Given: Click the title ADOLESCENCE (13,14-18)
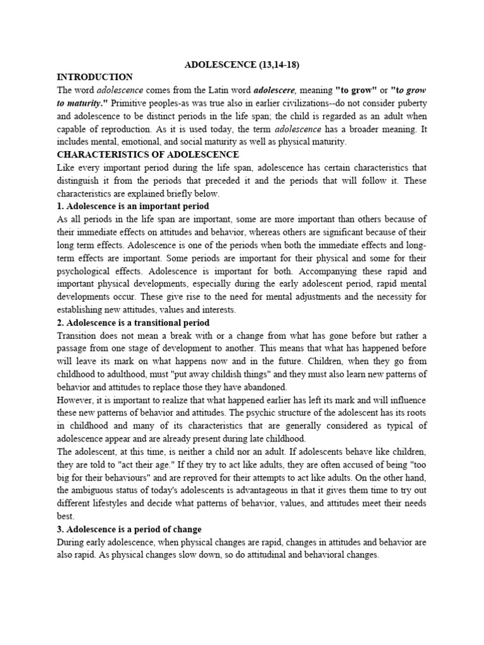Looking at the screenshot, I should click(x=241, y=65).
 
